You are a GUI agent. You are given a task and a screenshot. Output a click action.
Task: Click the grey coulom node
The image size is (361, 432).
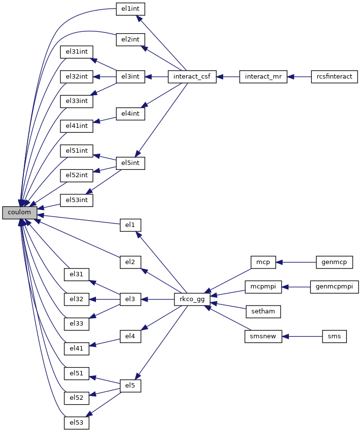coord(19,213)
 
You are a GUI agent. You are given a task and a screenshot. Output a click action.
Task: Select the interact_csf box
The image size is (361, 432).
coord(192,77)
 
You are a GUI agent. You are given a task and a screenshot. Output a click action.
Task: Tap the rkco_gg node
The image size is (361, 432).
coord(192,299)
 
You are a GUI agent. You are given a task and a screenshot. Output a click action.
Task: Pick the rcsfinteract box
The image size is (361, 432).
coord(334,77)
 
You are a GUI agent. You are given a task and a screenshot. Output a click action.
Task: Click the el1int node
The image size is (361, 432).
coord(131,9)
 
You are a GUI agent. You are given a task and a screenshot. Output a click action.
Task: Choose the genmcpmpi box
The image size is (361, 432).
coord(334,287)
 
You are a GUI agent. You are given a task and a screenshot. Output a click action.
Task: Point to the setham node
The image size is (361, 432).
coord(263,311)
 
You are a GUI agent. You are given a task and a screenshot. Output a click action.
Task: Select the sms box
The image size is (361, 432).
coord(334,336)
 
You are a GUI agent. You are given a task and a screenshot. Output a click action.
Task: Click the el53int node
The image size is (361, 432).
coord(76,200)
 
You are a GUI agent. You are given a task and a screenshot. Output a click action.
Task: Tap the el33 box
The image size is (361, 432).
coord(76,324)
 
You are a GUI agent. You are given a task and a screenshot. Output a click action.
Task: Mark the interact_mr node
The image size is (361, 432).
coord(263,77)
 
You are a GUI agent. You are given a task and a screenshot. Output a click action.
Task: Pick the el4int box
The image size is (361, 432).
coord(131,114)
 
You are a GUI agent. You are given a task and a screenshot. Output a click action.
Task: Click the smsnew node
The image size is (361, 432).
coord(263,336)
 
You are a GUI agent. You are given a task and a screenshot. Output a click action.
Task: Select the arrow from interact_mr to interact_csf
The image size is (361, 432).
coord(228,77)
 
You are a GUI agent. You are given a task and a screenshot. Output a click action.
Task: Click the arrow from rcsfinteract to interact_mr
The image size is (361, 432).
coord(299,77)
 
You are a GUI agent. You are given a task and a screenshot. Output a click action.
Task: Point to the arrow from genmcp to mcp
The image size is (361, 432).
coord(296,262)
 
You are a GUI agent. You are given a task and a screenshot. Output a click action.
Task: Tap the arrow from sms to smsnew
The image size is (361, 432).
coord(302,336)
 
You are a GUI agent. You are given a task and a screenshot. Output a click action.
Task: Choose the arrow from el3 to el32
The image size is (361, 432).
coord(104,299)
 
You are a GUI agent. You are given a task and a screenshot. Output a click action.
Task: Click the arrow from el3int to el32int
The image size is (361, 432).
coord(104,77)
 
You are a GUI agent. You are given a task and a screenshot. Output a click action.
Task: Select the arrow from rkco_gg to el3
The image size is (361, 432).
coord(158,299)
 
